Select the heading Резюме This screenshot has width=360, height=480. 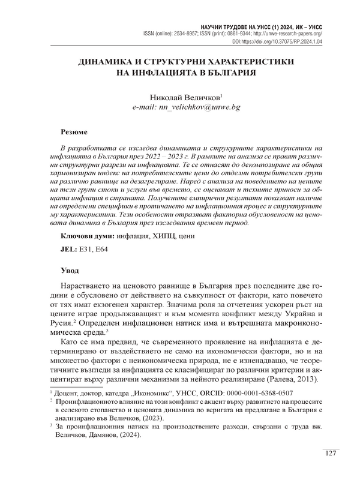[75, 131]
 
